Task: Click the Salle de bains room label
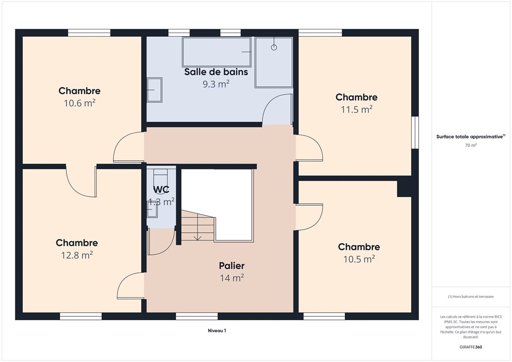click(x=216, y=72)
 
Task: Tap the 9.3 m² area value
click(x=216, y=84)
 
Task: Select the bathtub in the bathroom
click(x=216, y=52)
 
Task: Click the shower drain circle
click(x=274, y=47)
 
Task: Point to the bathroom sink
click(x=154, y=89)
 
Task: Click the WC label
click(x=162, y=189)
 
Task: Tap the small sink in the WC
click(x=152, y=209)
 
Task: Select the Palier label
click(x=231, y=266)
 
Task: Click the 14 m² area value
click(x=232, y=278)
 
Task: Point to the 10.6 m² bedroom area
click(x=79, y=103)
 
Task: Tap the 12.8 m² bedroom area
click(x=77, y=255)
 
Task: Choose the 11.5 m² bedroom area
click(x=357, y=109)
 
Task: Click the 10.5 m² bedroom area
click(x=359, y=259)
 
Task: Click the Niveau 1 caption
click(x=217, y=330)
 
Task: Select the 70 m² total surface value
click(x=471, y=145)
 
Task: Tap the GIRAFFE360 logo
click(x=471, y=347)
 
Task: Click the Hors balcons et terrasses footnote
click(x=471, y=297)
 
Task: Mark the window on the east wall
click(x=415, y=132)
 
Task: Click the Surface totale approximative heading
click(x=471, y=137)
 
